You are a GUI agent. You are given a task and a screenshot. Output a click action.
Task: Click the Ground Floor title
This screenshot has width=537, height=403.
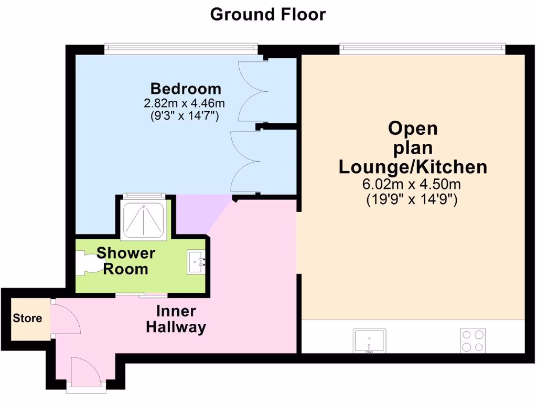[268, 14]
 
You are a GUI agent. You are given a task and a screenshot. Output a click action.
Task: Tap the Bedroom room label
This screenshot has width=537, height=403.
[186, 88]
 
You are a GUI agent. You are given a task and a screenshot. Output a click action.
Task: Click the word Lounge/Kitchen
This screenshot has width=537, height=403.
[413, 167]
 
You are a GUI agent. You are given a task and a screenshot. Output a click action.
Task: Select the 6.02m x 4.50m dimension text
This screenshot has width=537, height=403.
[413, 185]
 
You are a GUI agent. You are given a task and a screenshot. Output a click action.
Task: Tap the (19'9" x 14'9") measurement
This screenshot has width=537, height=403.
[413, 200]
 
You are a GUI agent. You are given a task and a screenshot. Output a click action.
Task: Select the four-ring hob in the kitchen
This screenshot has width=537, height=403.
[473, 340]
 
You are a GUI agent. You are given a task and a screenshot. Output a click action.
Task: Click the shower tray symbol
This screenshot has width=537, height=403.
[144, 218]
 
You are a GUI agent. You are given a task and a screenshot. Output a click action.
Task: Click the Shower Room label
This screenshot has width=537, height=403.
[126, 261]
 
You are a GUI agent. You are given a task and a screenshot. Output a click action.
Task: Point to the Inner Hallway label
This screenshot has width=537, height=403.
[176, 319]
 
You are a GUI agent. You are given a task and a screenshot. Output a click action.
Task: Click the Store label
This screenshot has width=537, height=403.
[27, 318]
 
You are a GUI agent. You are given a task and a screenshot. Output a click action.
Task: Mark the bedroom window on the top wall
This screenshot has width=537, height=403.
[180, 48]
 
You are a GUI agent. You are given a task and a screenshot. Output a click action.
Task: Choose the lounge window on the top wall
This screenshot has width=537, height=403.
[422, 48]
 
